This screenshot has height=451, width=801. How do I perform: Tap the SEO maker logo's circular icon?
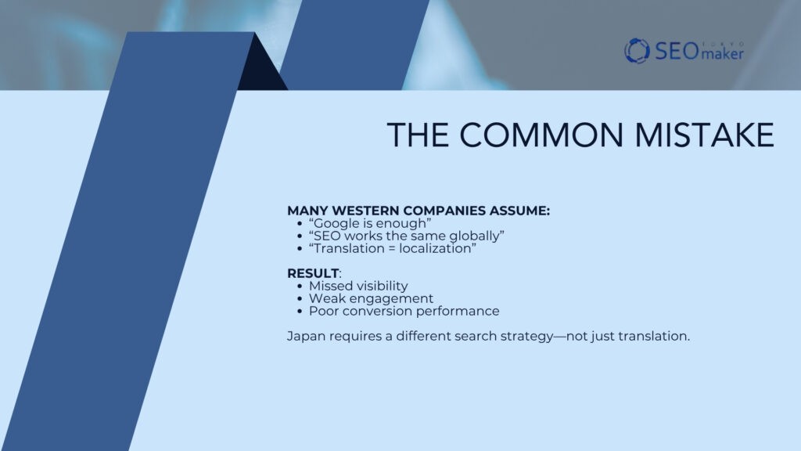coord(637,51)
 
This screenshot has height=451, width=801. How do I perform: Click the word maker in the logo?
coord(723,54)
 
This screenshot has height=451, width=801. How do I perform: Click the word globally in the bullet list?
coord(472,236)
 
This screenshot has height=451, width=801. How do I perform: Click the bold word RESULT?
coord(313,273)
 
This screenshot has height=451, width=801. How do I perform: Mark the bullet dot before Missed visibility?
coord(301,286)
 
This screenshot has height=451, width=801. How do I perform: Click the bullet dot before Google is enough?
coord(301,224)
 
